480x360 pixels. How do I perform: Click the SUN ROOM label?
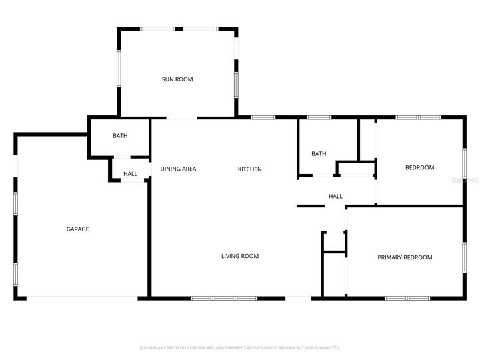click(177, 79)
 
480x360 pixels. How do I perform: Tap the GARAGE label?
click(77, 229)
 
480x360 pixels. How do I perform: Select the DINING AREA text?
click(178, 169)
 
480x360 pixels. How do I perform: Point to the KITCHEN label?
click(250, 169)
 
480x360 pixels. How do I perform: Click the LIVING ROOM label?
click(240, 256)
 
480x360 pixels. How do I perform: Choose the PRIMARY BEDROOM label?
click(405, 257)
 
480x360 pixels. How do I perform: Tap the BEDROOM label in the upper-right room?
click(420, 167)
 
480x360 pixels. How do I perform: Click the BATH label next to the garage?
click(120, 136)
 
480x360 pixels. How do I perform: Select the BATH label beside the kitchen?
click(319, 154)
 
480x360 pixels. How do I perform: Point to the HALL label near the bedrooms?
click(335, 196)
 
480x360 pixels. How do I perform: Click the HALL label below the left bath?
click(130, 174)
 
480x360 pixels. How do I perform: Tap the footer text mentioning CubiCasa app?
click(240, 348)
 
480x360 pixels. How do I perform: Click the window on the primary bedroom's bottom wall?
click(407, 297)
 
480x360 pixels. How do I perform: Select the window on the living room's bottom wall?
click(223, 297)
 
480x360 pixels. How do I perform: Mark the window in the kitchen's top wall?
click(263, 118)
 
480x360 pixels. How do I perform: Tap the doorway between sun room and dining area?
click(181, 118)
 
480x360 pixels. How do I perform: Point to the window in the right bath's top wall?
click(319, 118)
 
